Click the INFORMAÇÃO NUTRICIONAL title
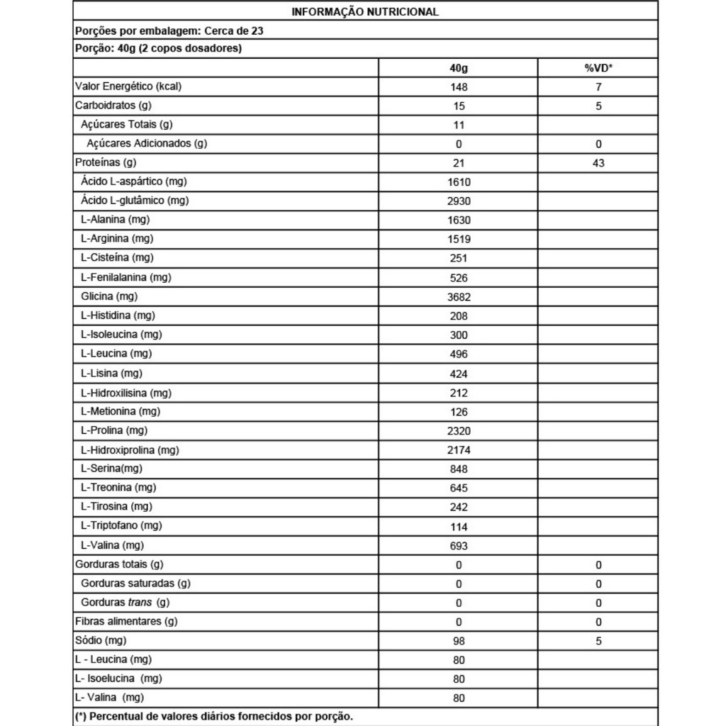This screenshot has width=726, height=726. [365, 12]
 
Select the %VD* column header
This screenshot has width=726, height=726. [598, 68]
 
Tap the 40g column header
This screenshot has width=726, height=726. [459, 68]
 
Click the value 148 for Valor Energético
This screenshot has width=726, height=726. [459, 87]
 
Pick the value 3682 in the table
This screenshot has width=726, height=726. [459, 297]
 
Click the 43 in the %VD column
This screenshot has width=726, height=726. [598, 163]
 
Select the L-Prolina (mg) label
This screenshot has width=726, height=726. [113, 430]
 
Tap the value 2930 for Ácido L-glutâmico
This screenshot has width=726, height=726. [459, 201]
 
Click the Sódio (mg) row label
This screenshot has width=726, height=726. [101, 641]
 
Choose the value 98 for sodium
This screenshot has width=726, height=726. [459, 641]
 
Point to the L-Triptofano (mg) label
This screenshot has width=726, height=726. [121, 525]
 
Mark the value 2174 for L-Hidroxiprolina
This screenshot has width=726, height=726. [459, 449]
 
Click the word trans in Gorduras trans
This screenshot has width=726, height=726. [139, 603]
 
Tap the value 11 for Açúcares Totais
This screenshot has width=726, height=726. [459, 125]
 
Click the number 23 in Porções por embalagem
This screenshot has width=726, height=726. [259, 30]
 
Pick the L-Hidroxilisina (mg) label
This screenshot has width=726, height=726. [126, 393]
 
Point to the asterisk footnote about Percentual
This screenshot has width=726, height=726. [213, 716]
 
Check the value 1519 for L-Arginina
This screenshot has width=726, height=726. [459, 240]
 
